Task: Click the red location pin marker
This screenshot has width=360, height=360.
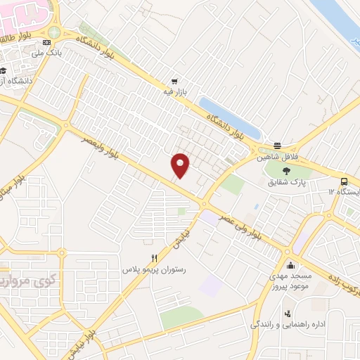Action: pyautogui.click(x=181, y=165)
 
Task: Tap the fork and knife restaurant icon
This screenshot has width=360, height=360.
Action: pyautogui.click(x=154, y=257)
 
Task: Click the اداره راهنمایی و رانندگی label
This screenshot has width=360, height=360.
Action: pyautogui.click(x=285, y=326)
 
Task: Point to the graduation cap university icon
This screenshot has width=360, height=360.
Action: pyautogui.click(x=4, y=70)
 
